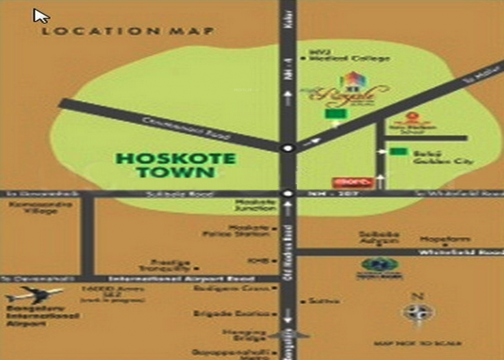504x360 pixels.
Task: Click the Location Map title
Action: pos(128,31)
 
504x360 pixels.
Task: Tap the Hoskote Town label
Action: pos(176,165)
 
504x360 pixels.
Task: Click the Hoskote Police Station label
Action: pos(236,230)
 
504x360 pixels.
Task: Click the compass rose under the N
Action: pos(418,313)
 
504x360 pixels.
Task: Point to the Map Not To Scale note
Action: pos(417,344)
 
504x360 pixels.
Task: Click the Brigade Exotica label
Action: pos(231,314)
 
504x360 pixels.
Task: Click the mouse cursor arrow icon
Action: pos(41,16)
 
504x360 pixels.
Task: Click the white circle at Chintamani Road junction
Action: pos(287,148)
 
